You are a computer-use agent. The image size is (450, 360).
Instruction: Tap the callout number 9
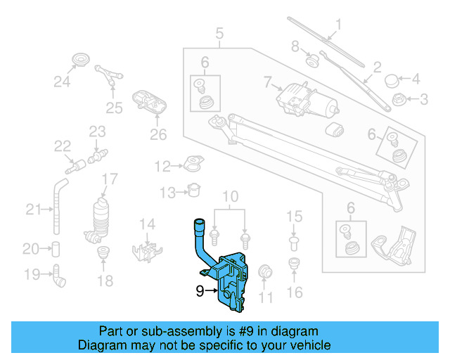coord(200,289)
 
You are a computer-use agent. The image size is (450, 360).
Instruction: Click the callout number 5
coord(219,32)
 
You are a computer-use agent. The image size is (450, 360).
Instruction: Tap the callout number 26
coord(158,134)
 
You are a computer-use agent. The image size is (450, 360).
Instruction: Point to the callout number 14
coord(146,224)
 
